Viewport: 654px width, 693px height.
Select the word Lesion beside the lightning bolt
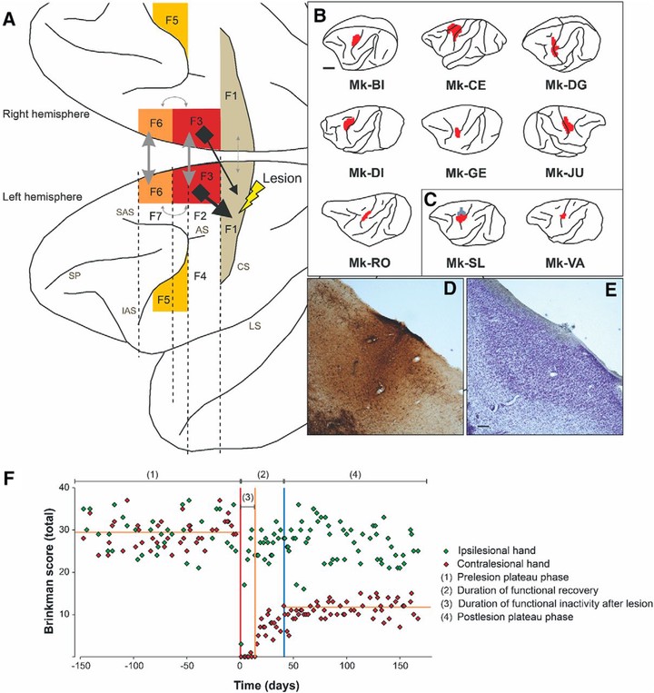[x=282, y=178]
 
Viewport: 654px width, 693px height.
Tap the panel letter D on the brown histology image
[x=449, y=289]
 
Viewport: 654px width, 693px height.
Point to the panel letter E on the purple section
[x=610, y=289]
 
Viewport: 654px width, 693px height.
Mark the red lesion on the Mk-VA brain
[x=563, y=215]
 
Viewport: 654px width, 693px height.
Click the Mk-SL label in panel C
[x=465, y=263]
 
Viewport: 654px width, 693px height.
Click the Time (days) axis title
[x=266, y=685]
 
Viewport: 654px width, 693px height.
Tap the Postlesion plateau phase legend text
[x=515, y=617]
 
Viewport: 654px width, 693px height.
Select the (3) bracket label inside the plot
[x=247, y=497]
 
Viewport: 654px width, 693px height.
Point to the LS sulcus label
[x=254, y=326]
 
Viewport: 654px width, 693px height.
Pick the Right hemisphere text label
[x=46, y=114]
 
